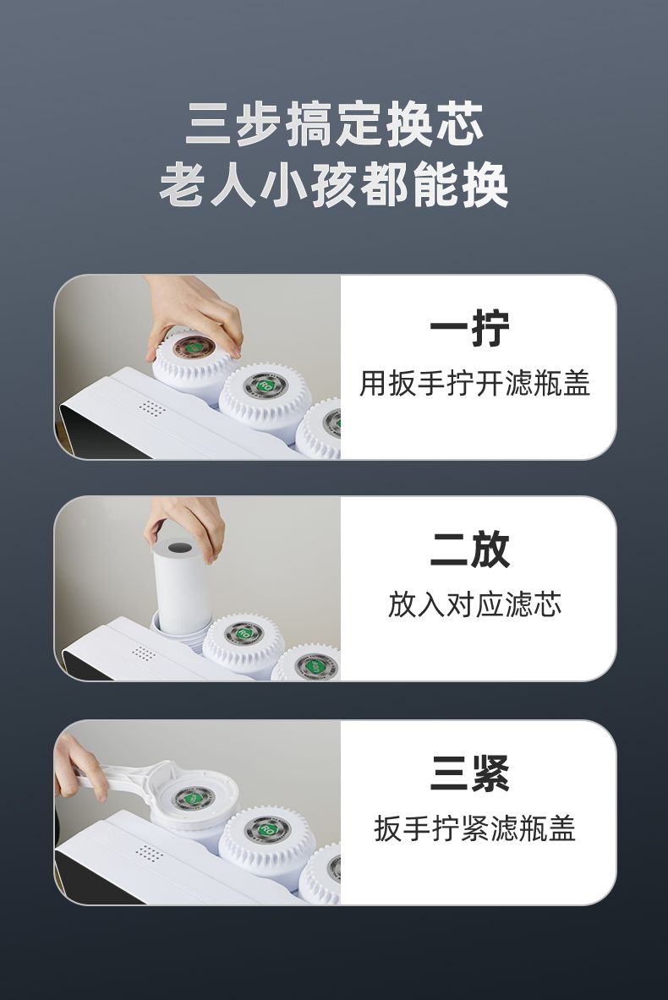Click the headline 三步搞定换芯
[334, 123]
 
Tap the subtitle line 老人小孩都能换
[334, 185]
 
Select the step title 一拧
[469, 329]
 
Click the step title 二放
[469, 549]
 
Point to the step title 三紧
[469, 773]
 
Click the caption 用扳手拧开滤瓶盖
[474, 383]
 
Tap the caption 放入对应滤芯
[474, 604]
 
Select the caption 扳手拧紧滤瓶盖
[474, 828]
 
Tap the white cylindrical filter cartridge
[179, 586]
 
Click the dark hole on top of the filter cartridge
[181, 547]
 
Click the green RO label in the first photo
[266, 385]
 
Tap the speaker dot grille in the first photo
[151, 408]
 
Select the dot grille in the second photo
[144, 653]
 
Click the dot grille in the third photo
[150, 853]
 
